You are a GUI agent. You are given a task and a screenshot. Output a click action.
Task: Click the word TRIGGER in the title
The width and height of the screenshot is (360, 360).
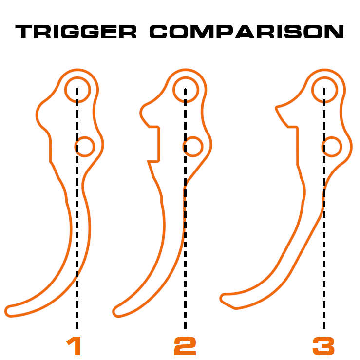(76, 32)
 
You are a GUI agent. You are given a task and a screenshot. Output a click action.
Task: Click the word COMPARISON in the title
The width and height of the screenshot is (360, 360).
(247, 32)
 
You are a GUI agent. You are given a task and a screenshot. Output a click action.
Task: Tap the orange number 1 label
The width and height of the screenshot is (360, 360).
(74, 345)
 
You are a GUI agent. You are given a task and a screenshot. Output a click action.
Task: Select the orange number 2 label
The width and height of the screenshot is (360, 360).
(185, 346)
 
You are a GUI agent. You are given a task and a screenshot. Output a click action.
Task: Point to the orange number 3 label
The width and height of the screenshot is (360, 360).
(323, 346)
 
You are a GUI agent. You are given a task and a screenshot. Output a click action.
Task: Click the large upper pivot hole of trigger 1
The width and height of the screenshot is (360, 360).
(77, 77)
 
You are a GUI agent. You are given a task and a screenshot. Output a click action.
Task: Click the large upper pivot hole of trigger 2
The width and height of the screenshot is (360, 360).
(186, 77)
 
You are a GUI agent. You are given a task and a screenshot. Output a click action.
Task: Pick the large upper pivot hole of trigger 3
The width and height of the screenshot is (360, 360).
(324, 77)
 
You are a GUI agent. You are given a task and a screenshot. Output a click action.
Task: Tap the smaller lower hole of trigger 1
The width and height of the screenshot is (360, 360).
(85, 137)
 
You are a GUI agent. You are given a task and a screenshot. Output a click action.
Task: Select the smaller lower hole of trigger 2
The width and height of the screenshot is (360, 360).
(193, 137)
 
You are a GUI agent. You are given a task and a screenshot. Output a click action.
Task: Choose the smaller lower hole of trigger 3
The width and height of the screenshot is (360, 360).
(332, 137)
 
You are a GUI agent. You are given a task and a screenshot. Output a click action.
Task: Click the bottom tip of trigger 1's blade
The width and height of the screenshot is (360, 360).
(5, 312)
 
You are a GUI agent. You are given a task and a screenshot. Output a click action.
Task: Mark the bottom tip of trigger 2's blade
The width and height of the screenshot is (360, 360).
(113, 312)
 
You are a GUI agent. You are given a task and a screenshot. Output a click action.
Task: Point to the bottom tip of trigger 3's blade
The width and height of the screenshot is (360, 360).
(220, 299)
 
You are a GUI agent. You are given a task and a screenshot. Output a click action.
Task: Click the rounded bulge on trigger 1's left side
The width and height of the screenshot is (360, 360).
(37, 115)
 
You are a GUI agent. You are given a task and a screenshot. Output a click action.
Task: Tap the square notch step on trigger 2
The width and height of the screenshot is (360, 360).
(159, 144)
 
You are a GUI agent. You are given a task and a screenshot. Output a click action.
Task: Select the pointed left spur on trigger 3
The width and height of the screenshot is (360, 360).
(276, 108)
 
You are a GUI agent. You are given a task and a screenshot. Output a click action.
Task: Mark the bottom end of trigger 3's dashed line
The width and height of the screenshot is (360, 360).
(324, 328)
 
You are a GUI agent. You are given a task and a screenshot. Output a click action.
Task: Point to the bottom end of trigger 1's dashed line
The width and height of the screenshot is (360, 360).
(77, 328)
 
